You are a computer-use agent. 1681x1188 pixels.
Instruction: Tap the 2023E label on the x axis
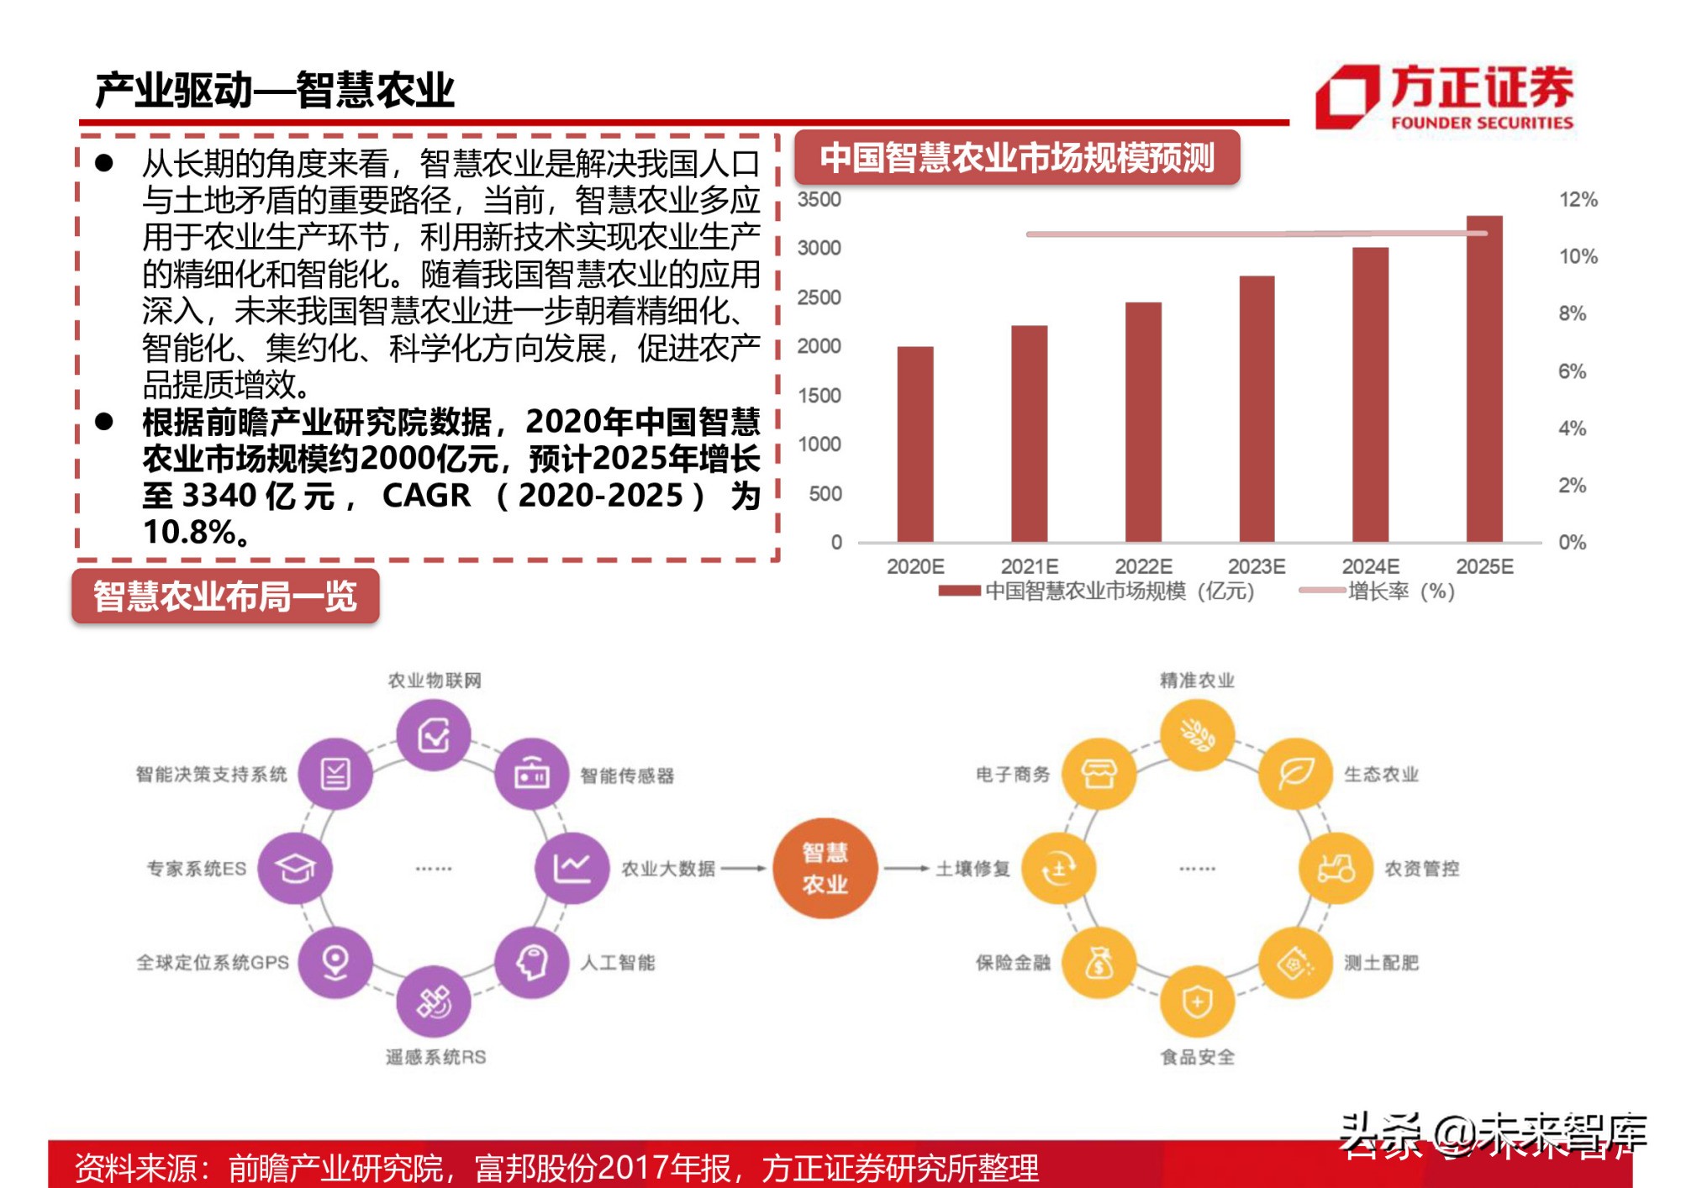tap(1256, 566)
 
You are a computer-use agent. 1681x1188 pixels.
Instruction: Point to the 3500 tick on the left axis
tap(819, 200)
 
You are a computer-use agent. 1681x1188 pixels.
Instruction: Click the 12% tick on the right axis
tap(1578, 200)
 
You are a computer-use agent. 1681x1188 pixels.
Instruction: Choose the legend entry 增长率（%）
tap(1399, 591)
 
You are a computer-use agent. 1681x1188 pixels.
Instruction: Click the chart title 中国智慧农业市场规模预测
tap(1016, 158)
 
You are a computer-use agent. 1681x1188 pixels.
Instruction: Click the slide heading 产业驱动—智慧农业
tap(275, 90)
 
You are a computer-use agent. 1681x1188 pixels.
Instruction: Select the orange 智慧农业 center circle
tap(825, 868)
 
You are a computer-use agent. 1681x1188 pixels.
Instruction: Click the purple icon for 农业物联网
tap(434, 735)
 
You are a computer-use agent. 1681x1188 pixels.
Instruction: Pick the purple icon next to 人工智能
tap(531, 962)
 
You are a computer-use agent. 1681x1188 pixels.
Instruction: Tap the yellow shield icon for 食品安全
tap(1196, 1001)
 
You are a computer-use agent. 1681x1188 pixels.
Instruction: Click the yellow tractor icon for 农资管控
tap(1335, 868)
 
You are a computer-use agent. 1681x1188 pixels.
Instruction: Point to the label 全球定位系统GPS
tap(213, 963)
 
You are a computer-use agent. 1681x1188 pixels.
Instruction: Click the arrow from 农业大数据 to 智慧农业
tap(744, 868)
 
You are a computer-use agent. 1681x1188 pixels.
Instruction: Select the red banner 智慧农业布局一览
tap(225, 597)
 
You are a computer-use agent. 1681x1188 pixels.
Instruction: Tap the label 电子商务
tap(1013, 774)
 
